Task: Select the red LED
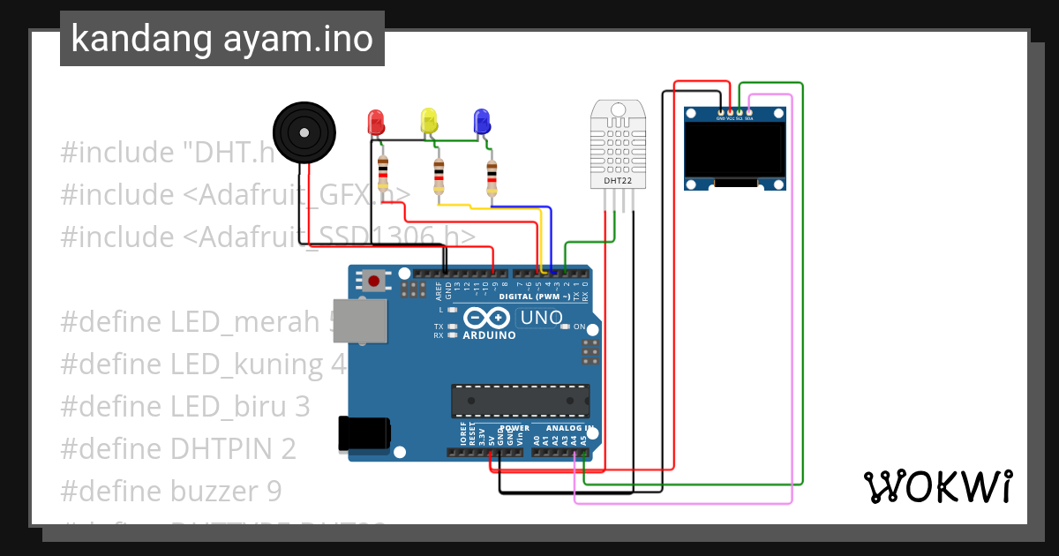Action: pos(376,123)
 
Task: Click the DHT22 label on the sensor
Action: pos(617,181)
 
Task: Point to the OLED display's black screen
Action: pos(735,150)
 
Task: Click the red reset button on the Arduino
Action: pos(374,282)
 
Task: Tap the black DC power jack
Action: pos(364,434)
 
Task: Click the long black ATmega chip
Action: pos(520,400)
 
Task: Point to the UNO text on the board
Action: pos(540,318)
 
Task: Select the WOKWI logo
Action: pos(937,486)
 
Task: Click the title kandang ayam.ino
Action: pos(222,39)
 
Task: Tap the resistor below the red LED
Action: pos(382,174)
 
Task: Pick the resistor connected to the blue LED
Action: pos(492,178)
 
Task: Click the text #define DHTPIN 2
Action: pos(178,448)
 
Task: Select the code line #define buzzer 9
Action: pos(171,491)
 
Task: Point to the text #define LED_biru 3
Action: pos(185,406)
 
